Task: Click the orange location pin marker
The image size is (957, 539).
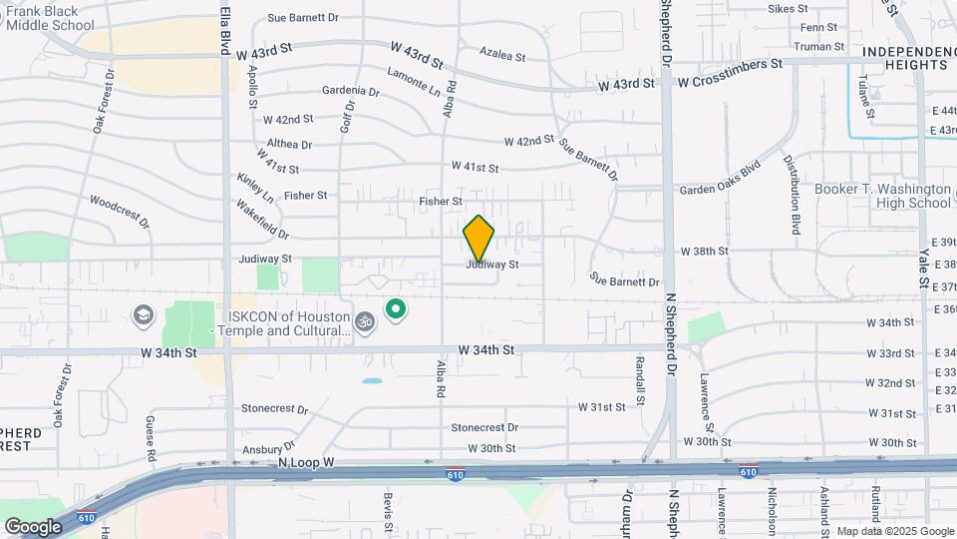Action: pos(478,240)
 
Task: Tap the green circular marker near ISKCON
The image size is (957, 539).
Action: pos(396,308)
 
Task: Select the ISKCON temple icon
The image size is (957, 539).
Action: pos(365,322)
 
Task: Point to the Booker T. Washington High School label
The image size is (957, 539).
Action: pos(882,196)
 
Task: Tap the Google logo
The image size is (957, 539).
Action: pos(33,526)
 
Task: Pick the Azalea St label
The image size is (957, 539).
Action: pos(501,53)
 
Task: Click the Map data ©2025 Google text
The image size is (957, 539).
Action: pos(893,531)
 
